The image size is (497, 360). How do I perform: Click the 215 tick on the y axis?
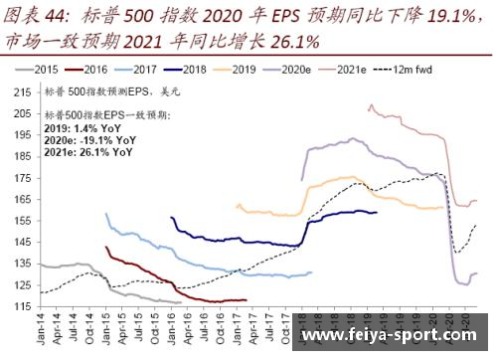(x=22, y=90)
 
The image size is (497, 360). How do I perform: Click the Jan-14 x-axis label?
(x=41, y=328)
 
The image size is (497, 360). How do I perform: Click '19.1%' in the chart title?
(x=442, y=16)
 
